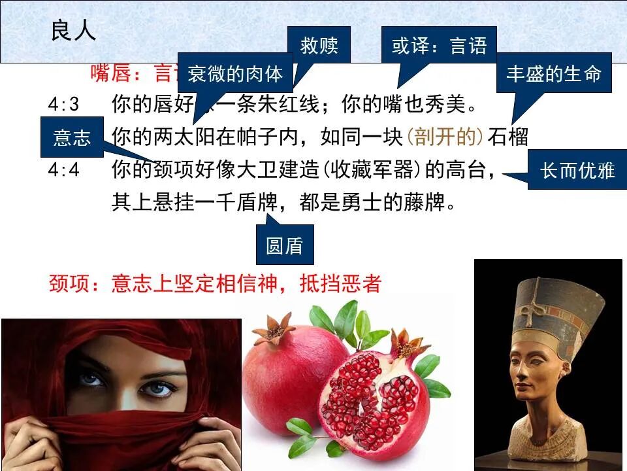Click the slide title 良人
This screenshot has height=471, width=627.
pos(73,31)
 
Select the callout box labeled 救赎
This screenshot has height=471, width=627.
pos(319,46)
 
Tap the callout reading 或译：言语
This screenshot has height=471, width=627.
pos(439,46)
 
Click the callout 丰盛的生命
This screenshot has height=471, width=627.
pos(554,73)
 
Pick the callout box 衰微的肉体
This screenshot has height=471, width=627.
pos(235,74)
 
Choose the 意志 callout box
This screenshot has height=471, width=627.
pos(72,137)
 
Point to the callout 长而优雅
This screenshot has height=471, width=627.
pos(577,170)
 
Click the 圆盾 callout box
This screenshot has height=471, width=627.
pos(285,245)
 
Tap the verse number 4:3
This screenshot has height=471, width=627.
pos(63,105)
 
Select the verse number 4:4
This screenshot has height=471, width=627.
pos(63,170)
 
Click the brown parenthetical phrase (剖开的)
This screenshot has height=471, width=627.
pos(444,137)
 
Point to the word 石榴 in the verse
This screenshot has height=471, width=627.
pos(508,137)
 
